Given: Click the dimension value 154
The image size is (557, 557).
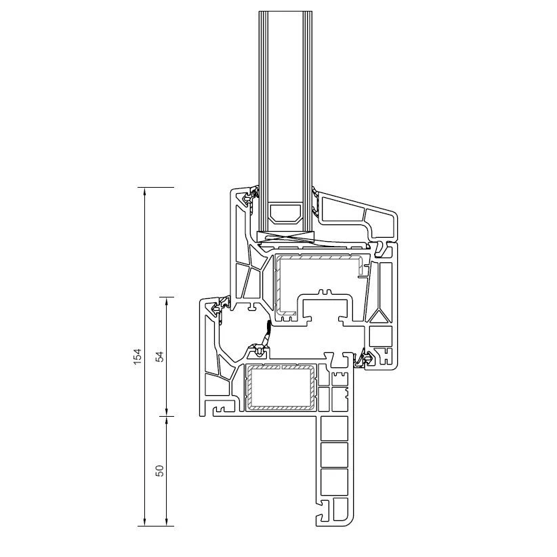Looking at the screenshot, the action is coord(138,356).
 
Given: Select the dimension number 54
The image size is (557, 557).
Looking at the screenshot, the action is coord(161,356).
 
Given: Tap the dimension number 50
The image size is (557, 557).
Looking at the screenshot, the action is coord(161,471).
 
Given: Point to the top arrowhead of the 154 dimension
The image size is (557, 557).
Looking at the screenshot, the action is coord(144,191).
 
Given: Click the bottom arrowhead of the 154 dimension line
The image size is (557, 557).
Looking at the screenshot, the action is coord(144,522).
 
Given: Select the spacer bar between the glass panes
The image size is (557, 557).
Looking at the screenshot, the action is coord(286,213).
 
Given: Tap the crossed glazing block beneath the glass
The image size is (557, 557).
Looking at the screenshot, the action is coord(286,237).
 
